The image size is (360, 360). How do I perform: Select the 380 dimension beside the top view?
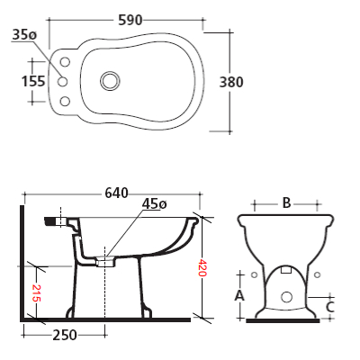tap(230, 81)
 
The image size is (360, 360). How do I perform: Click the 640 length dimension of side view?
tap(116, 193)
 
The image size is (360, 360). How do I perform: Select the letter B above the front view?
tap(286, 203)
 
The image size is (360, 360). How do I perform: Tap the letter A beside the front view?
tap(239, 295)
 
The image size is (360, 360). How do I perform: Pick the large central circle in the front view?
tap(286, 296)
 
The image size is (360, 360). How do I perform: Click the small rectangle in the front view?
tap(286, 270)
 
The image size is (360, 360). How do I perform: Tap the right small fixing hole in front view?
tap(316, 274)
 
